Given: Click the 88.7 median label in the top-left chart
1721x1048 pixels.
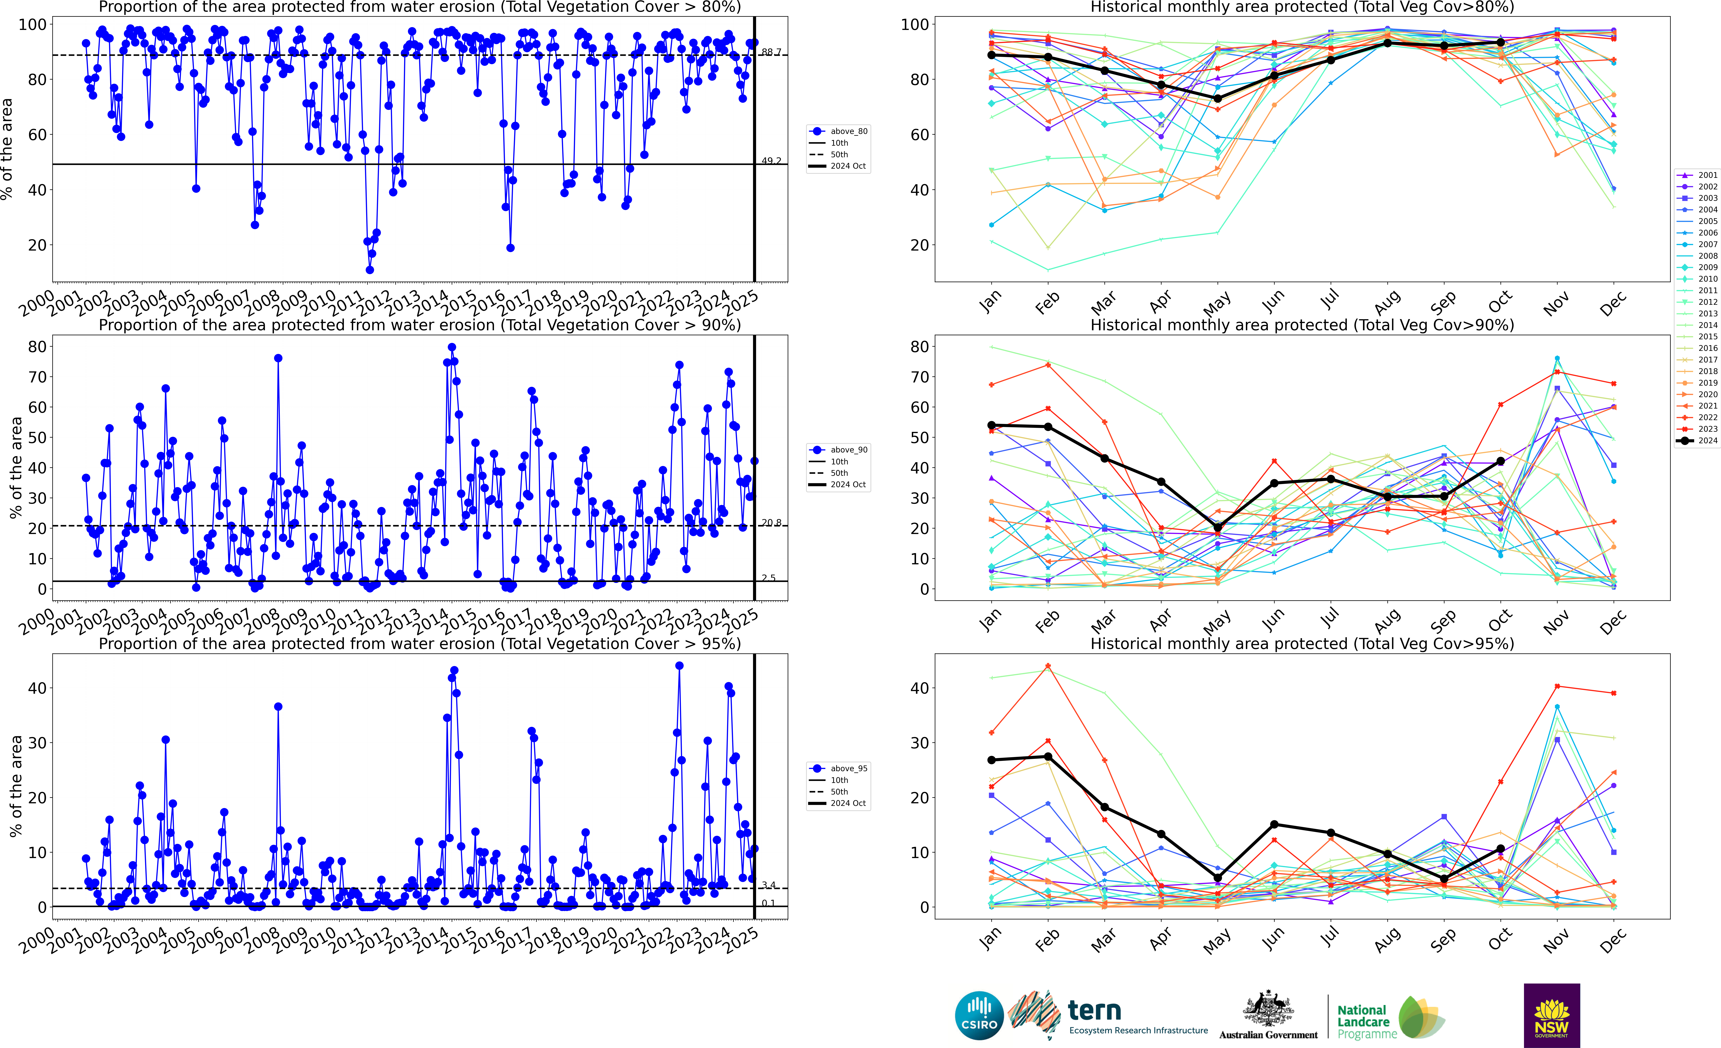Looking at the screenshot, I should (x=771, y=52).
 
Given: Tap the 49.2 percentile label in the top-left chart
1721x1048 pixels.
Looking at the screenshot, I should (x=771, y=161).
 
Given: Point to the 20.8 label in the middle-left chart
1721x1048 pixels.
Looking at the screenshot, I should (x=771, y=523).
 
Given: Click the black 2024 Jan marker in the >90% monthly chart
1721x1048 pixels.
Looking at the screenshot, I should (x=992, y=425).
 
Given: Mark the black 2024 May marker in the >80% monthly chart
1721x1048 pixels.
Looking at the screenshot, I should (x=1217, y=98).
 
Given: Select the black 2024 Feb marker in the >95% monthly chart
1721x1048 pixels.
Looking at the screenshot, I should (x=1048, y=757).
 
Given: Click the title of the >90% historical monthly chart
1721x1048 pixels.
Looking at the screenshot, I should (x=1302, y=325).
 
